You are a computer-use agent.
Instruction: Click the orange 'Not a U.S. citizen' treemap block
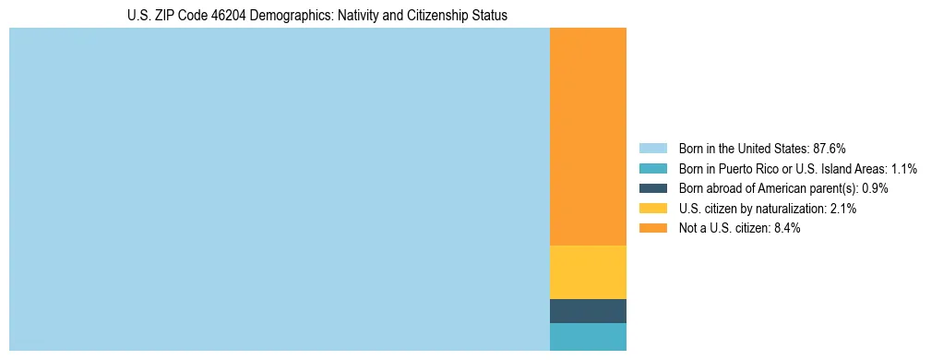[588, 137]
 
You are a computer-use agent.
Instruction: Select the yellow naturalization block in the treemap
[588, 272]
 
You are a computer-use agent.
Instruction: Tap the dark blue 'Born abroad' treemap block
[588, 311]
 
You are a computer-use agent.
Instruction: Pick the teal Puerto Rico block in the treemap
[588, 337]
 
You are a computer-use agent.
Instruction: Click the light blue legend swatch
[652, 148]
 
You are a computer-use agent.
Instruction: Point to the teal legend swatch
[652, 168]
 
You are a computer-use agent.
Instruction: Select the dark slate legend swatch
[652, 188]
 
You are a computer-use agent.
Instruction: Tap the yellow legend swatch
[652, 209]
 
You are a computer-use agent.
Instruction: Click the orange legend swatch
[652, 228]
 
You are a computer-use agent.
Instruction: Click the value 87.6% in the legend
[830, 148]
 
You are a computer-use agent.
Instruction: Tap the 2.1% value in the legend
[843, 209]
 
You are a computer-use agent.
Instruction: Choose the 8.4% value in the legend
[787, 228]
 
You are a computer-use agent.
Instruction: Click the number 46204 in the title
[229, 16]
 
